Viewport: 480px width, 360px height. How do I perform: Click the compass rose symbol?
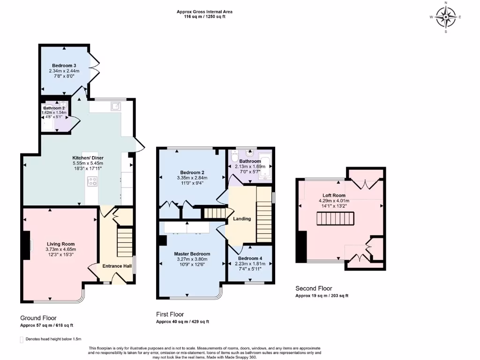coord(445,18)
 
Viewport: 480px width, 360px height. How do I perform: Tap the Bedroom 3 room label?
coord(64,65)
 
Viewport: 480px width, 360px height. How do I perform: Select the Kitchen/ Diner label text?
coord(88,158)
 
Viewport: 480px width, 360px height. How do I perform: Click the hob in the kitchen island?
coord(92,181)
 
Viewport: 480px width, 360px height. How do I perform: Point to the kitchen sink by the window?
coord(115,106)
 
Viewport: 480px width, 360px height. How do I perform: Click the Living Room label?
coord(60,244)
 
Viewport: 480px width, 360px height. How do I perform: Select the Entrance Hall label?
coord(117,266)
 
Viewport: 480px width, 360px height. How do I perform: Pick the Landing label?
coord(242,219)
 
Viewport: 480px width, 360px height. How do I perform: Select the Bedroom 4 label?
coord(249,258)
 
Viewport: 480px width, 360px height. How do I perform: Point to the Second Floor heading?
coord(314,289)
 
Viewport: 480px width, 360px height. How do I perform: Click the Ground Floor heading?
coord(38,318)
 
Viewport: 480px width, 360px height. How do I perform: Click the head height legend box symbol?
coord(22,339)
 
